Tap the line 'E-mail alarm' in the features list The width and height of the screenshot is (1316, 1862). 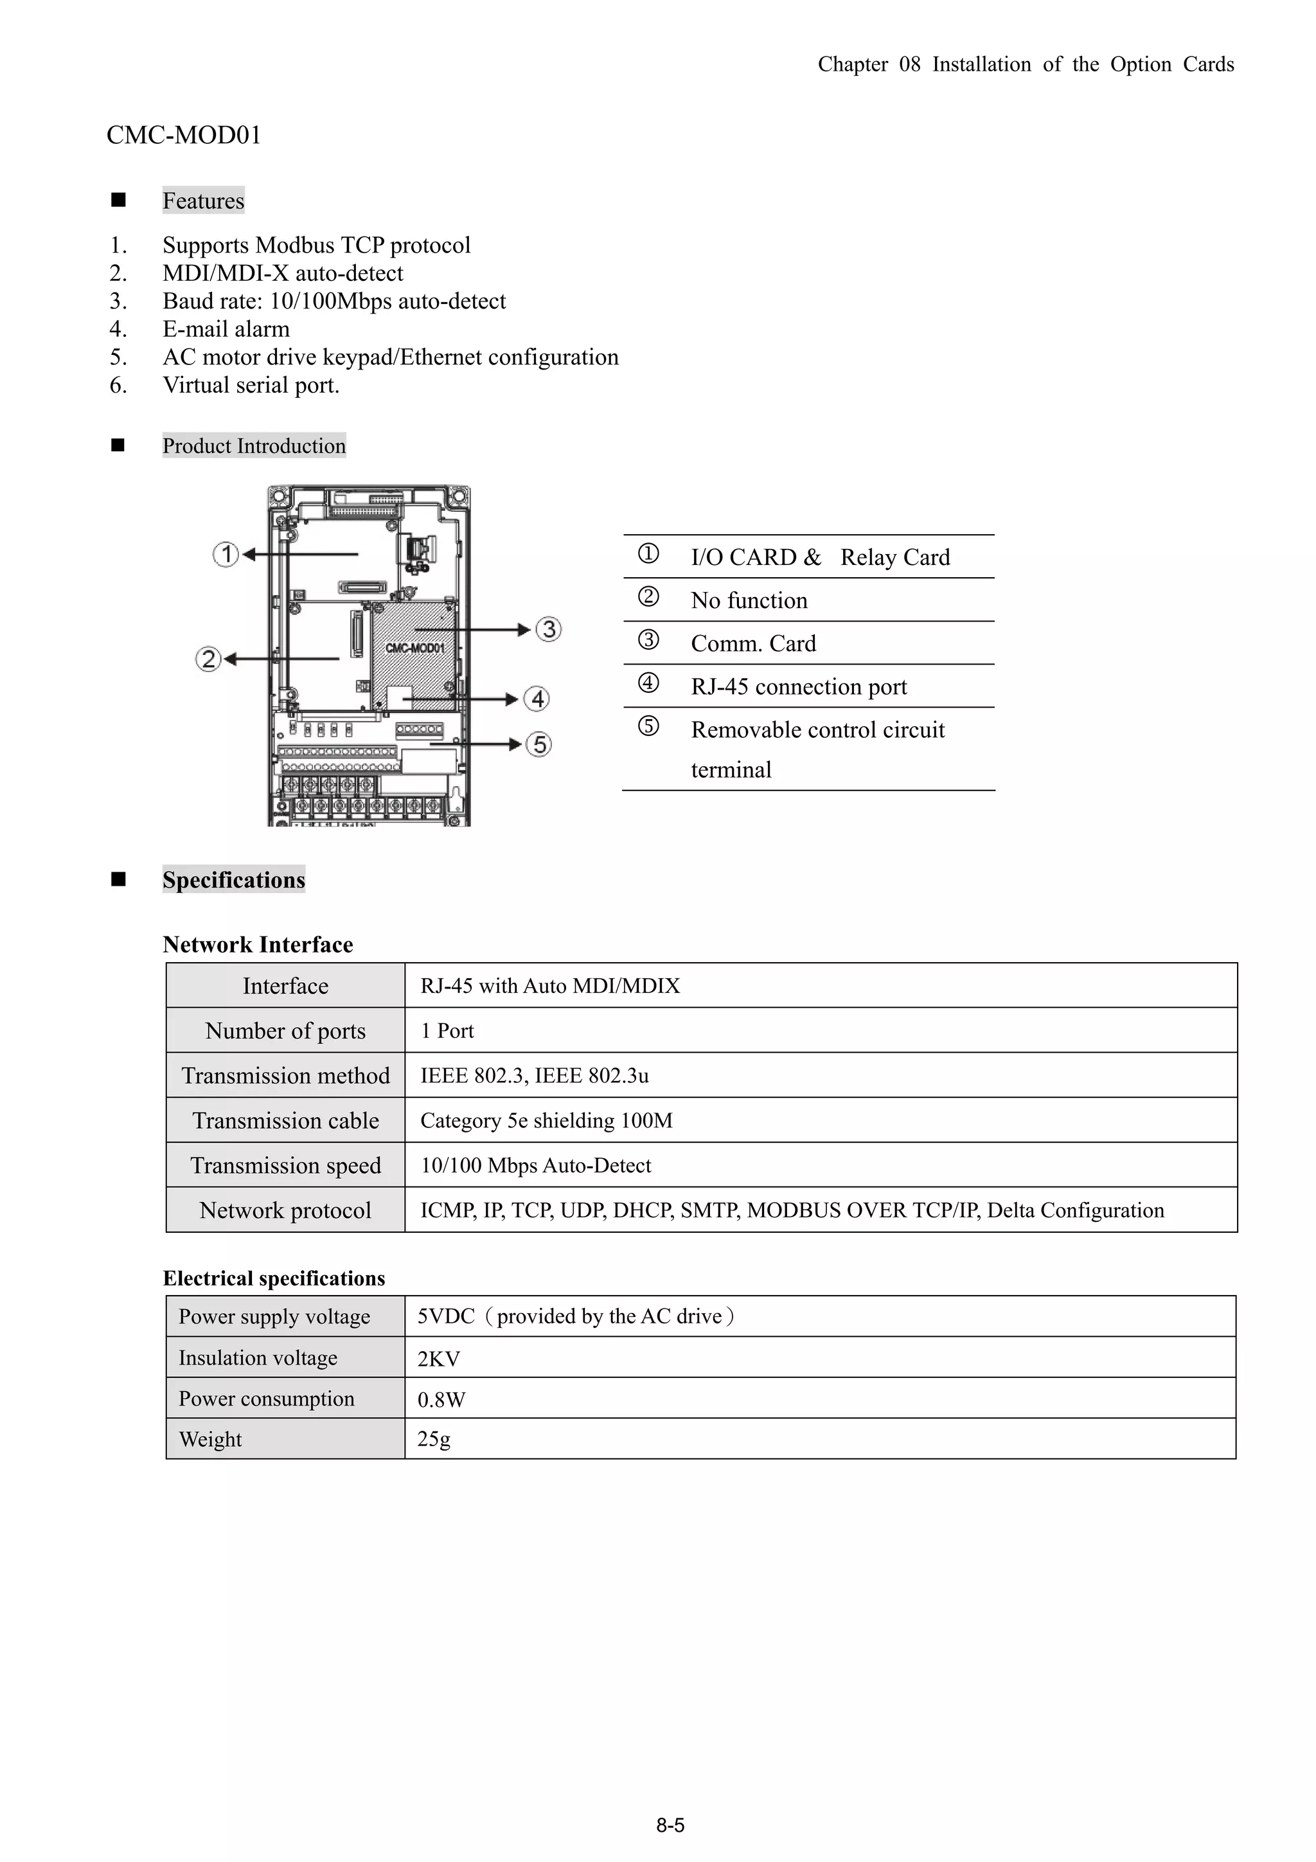coord(226,329)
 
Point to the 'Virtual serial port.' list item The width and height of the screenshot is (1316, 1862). coord(251,385)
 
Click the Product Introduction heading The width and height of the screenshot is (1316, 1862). coord(254,446)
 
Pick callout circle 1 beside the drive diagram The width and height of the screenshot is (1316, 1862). coord(226,555)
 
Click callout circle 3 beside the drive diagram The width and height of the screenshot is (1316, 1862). coord(549,629)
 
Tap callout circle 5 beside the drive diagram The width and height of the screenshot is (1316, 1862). coord(539,744)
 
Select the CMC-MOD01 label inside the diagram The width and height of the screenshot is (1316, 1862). coord(414,648)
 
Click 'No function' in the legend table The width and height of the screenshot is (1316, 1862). coord(749,601)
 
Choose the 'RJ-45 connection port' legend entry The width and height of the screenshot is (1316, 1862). coord(798,687)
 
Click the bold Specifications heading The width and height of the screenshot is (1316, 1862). coord(233,880)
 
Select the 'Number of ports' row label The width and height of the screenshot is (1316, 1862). coord(285,1031)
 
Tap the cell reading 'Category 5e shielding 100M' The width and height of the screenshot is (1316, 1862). coord(546,1121)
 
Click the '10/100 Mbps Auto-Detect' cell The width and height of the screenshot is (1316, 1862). coord(535,1165)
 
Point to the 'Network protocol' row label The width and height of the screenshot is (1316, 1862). coord(285,1211)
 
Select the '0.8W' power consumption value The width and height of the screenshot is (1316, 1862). coord(441,1400)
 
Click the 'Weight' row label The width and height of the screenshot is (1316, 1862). coord(210,1440)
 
